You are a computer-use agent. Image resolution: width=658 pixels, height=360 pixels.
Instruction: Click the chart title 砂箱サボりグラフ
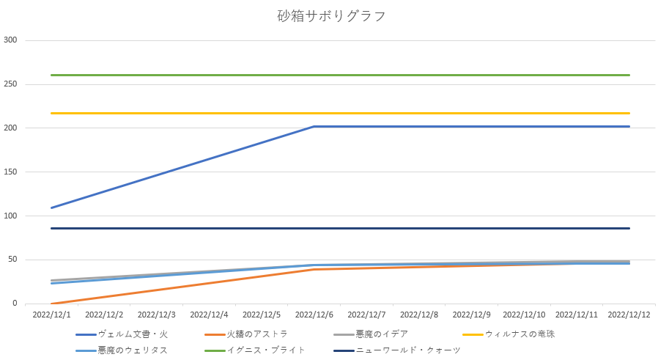click(x=329, y=16)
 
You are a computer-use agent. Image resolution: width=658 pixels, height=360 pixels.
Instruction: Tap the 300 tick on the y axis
click(x=10, y=40)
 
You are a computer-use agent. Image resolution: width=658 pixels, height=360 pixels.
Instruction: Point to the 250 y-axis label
click(x=10, y=84)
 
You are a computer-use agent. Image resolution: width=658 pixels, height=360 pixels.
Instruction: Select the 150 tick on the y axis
click(x=10, y=172)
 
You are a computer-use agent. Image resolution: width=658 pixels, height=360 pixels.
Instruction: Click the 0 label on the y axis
click(x=14, y=304)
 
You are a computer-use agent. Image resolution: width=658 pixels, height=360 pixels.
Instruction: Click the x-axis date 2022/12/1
click(x=52, y=315)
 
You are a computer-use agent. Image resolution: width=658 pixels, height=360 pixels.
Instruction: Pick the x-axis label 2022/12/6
click(x=314, y=315)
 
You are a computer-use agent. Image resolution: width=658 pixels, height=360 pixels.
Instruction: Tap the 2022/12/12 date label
click(x=629, y=315)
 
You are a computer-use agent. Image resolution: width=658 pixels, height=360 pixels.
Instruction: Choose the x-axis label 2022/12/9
click(x=471, y=315)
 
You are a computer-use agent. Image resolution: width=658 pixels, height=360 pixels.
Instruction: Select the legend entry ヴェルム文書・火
click(x=133, y=334)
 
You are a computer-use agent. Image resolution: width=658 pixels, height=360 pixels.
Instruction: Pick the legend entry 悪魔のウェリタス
click(x=133, y=350)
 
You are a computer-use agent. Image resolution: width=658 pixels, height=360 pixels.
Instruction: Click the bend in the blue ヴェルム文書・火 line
click(x=314, y=127)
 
